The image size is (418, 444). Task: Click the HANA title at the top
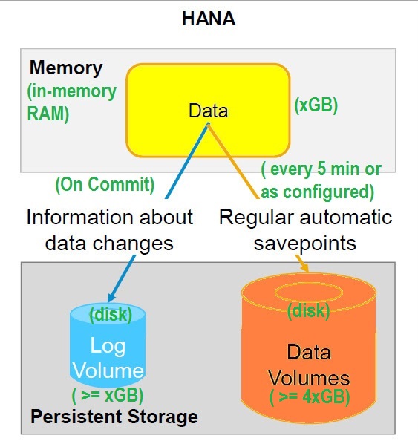click(209, 19)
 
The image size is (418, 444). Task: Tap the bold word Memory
click(66, 68)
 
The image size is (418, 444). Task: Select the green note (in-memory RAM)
click(72, 102)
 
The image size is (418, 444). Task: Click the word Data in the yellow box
click(208, 111)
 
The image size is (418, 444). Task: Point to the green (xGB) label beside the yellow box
click(316, 105)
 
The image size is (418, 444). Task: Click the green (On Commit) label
click(105, 185)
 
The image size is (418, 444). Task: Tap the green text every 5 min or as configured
click(321, 180)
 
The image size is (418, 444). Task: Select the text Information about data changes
click(110, 229)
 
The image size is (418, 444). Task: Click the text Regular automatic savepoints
click(305, 229)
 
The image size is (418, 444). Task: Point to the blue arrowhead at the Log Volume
click(111, 298)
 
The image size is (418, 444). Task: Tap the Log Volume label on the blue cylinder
click(108, 358)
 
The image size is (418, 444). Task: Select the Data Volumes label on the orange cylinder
click(309, 365)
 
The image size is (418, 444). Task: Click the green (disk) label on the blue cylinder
click(111, 314)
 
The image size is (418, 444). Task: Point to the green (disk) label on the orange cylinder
click(308, 311)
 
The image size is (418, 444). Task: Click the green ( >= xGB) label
click(108, 395)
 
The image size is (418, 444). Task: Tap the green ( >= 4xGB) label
click(310, 397)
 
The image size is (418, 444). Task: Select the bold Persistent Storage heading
click(114, 417)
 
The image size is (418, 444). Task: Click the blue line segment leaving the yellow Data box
click(187, 161)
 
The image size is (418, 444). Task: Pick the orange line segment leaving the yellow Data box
click(233, 161)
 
